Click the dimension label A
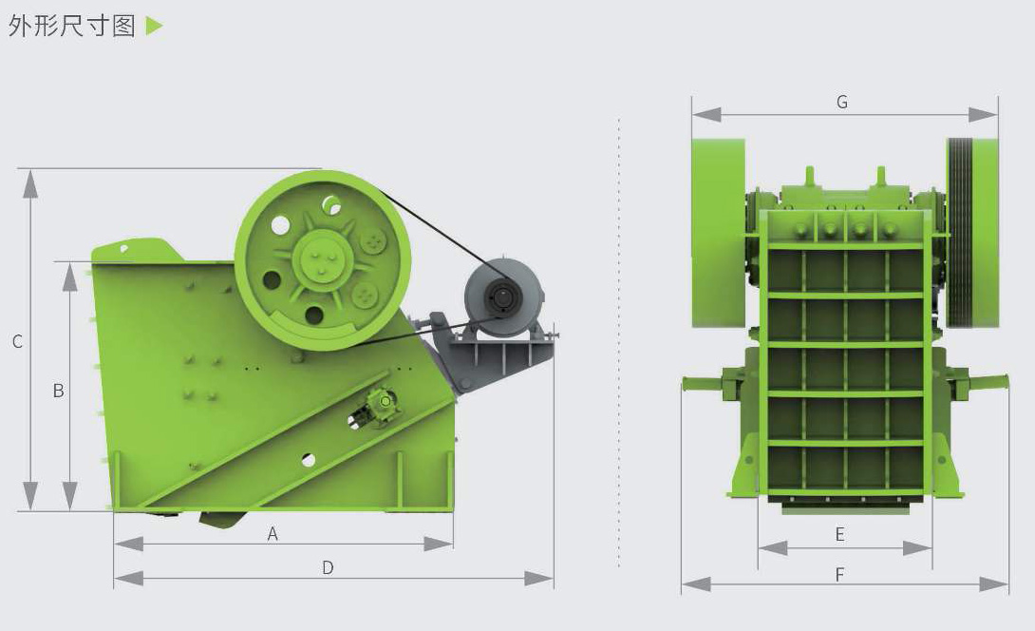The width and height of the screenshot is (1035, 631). pyautogui.click(x=273, y=534)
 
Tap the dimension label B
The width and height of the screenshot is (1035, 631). pyautogui.click(x=59, y=391)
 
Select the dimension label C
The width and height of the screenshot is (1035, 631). pyautogui.click(x=18, y=341)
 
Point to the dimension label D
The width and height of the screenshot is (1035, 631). pyautogui.click(x=328, y=567)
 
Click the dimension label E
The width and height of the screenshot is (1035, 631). pyautogui.click(x=839, y=534)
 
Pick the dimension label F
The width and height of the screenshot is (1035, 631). pyautogui.click(x=839, y=575)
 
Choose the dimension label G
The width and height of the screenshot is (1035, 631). pyautogui.click(x=842, y=102)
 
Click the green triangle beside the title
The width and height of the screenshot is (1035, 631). pyautogui.click(x=154, y=26)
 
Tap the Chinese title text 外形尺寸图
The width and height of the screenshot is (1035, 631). pyautogui.click(x=72, y=26)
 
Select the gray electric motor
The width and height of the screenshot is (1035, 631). pyautogui.click(x=503, y=296)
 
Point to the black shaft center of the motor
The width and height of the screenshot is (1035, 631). pyautogui.click(x=503, y=296)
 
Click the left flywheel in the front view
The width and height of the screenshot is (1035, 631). pyautogui.click(x=718, y=233)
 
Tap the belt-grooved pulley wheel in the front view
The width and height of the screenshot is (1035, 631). pyautogui.click(x=972, y=233)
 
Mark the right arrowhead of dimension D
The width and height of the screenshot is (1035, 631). pyautogui.click(x=539, y=579)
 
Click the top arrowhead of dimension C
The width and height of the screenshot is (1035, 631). pyautogui.click(x=30, y=183)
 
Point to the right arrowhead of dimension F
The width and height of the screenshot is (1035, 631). pyautogui.click(x=994, y=584)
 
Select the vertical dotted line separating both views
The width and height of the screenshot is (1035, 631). pyautogui.click(x=618, y=342)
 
